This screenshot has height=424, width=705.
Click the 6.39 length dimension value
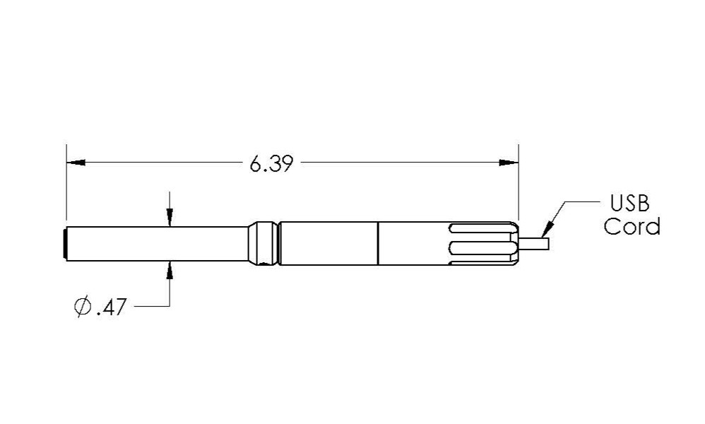point(271,164)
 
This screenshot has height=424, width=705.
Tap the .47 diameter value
point(111,308)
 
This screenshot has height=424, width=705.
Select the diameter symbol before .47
point(82,307)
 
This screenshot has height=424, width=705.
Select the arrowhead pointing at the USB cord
point(547,229)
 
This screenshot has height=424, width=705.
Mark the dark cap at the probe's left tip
point(66,244)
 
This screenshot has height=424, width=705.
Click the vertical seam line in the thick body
point(379,244)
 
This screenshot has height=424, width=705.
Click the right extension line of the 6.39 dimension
point(519,184)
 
